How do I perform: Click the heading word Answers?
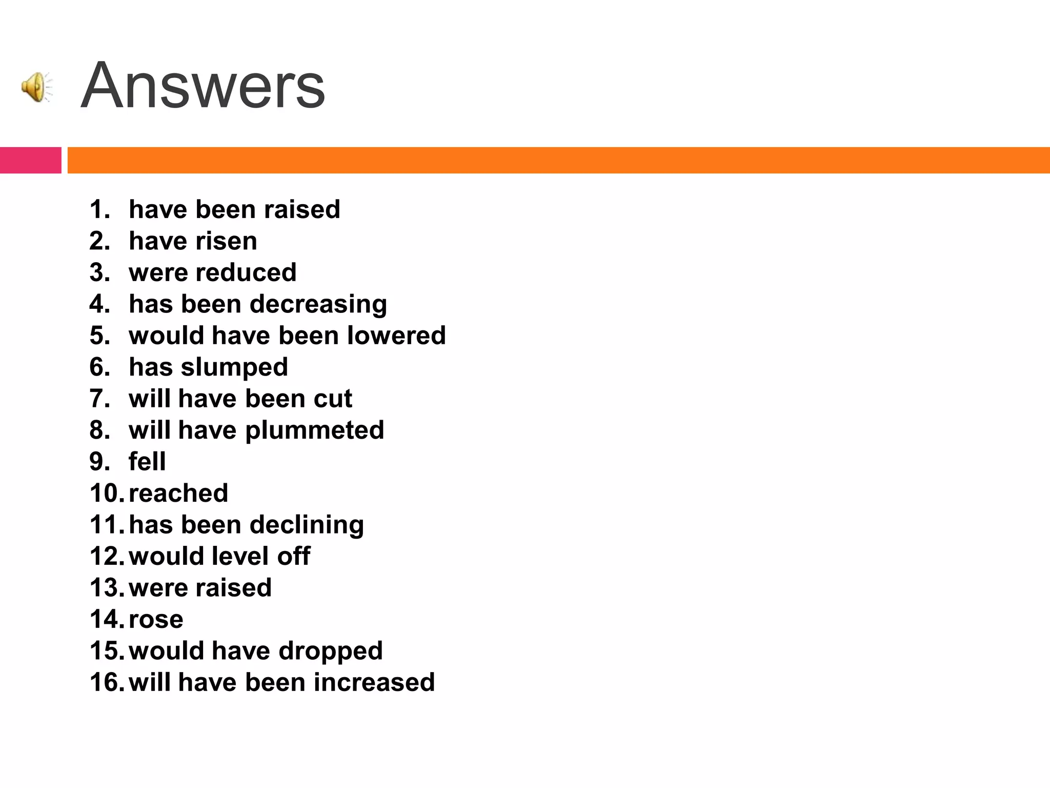(203, 85)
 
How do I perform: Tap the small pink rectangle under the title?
(30, 160)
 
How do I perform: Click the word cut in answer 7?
(333, 399)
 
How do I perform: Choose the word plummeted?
(314, 430)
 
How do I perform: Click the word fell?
(147, 462)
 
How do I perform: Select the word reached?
(178, 494)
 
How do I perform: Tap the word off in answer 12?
(294, 556)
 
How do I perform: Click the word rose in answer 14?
(156, 619)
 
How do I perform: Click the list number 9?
(99, 462)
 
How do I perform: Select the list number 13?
(107, 588)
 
